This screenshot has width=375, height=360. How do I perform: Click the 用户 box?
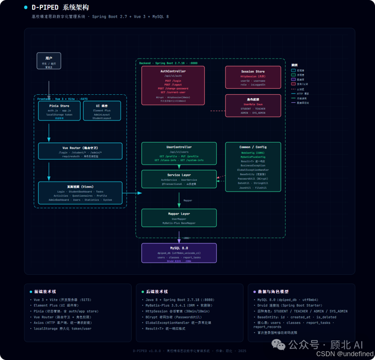coord(49,61)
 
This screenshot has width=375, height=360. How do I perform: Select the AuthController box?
coord(173,85)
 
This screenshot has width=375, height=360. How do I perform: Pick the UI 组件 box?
coord(102,111)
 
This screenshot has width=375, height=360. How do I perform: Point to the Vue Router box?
coord(80,151)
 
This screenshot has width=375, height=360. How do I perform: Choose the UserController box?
coord(179,153)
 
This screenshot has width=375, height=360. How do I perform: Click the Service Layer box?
coord(179,179)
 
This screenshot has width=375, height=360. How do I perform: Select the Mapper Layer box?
coord(179,218)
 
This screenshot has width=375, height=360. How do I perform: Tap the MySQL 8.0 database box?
coord(179,253)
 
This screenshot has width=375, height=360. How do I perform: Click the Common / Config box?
coord(253,167)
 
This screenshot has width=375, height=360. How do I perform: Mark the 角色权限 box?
coord(253,105)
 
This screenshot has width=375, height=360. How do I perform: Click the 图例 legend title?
coord(294,65)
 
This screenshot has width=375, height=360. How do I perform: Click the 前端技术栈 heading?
coord(45,292)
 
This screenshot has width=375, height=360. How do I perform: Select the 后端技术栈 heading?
coord(157,292)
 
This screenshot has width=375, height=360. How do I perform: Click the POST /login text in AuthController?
coord(173,80)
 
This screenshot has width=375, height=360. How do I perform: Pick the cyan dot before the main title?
coord(26,7)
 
